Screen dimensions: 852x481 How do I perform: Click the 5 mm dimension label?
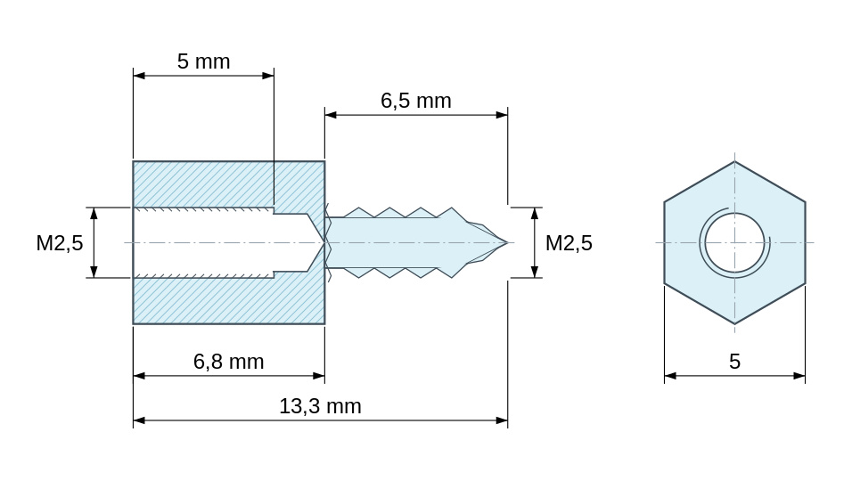tap(204, 61)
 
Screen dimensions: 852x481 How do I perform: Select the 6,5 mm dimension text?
tap(415, 101)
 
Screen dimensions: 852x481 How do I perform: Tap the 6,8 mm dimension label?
tap(229, 362)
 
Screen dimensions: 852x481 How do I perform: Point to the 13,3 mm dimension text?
tap(320, 406)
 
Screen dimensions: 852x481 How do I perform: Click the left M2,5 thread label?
tap(59, 243)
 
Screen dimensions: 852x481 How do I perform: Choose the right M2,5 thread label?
tap(569, 243)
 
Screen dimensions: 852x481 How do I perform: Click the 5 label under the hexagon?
tap(734, 362)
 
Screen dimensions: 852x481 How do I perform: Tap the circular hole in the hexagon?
tap(734, 242)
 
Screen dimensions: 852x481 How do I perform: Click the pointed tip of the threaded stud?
tap(507, 242)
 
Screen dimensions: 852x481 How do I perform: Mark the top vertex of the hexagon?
tap(734, 161)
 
